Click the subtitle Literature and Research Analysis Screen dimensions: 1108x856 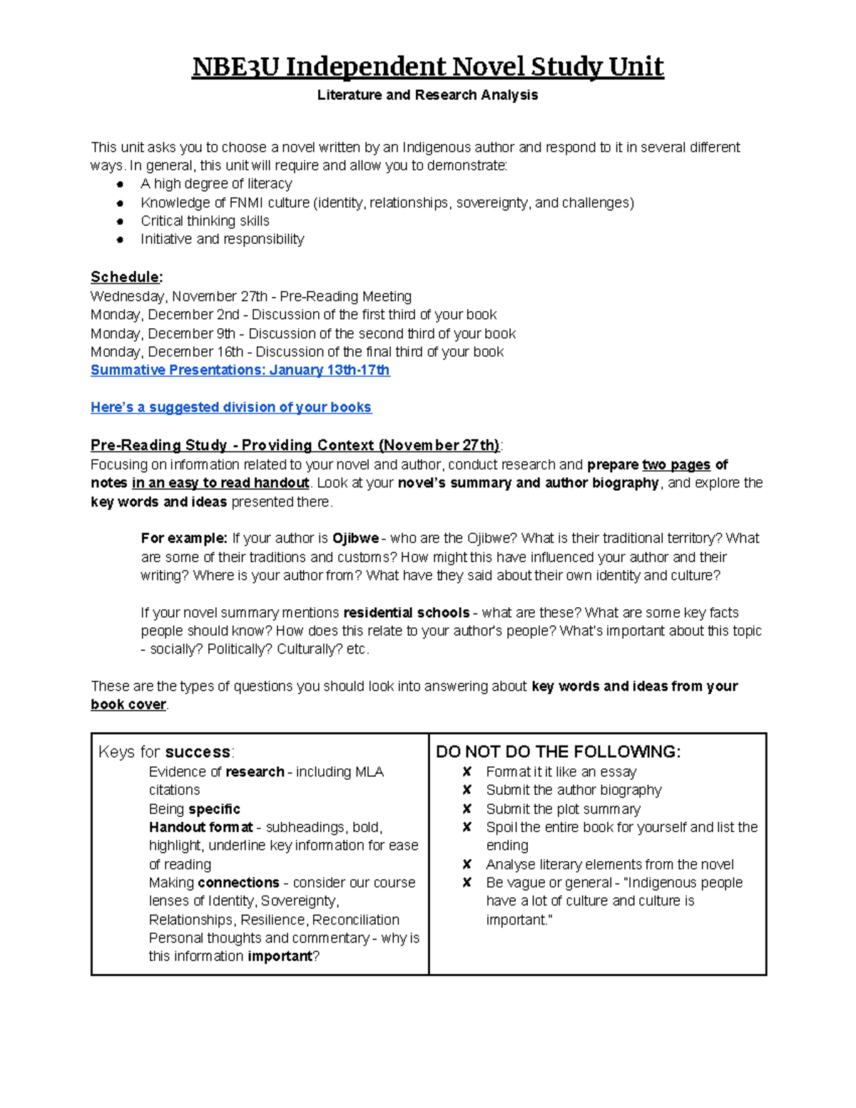point(427,95)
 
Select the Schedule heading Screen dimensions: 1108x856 point(126,277)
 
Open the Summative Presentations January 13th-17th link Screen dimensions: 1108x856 point(240,370)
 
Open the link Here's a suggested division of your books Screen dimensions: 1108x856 point(230,407)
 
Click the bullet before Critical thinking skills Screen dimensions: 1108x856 point(120,222)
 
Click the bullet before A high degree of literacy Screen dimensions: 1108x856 point(120,185)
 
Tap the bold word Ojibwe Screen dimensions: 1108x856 point(355,538)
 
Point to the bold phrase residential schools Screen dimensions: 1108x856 point(406,613)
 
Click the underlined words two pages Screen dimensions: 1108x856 point(676,465)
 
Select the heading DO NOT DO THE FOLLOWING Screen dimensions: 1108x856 point(558,751)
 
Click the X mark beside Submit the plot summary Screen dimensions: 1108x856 point(467,809)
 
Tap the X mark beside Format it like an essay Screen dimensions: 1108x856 point(467,772)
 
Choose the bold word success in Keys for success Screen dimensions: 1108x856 point(198,752)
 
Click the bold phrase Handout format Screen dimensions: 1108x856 point(200,828)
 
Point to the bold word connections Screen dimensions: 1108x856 point(238,883)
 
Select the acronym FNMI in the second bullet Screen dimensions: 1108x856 point(246,203)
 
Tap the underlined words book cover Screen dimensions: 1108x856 point(128,704)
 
